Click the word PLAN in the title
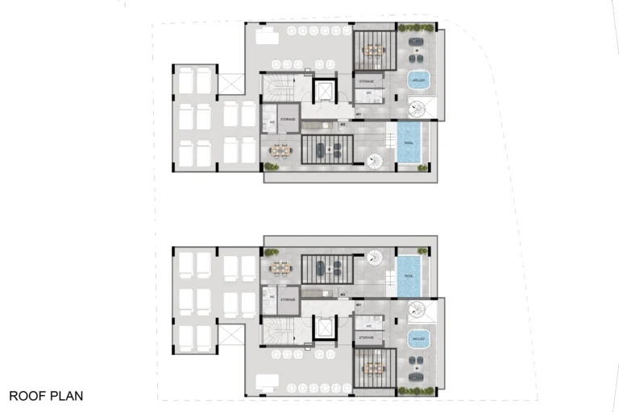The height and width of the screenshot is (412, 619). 66,396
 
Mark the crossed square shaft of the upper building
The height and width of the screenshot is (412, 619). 231,83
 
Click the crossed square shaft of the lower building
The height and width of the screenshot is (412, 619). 231,335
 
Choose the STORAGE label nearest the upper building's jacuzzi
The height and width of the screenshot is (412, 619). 367,81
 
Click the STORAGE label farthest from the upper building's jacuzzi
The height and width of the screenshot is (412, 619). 288,120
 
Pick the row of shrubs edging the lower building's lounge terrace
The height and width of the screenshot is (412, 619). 418,391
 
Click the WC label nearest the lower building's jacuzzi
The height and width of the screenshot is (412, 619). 368,325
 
